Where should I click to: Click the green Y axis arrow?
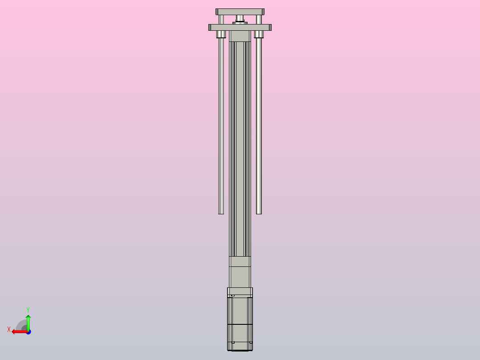pyautogui.click(x=28, y=322)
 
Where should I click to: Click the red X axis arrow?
pyautogui.click(x=19, y=331)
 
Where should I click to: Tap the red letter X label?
pyautogui.click(x=9, y=329)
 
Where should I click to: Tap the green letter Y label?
pyautogui.click(x=28, y=309)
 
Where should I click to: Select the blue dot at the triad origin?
pyautogui.click(x=28, y=332)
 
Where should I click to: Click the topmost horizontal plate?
pyautogui.click(x=240, y=12)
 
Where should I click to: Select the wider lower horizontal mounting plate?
pyautogui.click(x=240, y=27)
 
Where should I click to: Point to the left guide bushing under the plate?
pyautogui.click(x=221, y=34)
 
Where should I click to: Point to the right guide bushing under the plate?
pyautogui.click(x=259, y=34)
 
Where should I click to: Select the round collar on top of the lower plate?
pyautogui.click(x=240, y=23)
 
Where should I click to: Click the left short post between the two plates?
pyautogui.click(x=221, y=20)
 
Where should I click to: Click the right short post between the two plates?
pyautogui.click(x=259, y=20)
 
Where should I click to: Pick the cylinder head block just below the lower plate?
pyautogui.click(x=240, y=36)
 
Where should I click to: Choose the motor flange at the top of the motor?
pyautogui.click(x=240, y=292)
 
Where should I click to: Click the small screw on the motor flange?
pyautogui.click(x=233, y=295)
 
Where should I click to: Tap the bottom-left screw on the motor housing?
pyautogui.click(x=233, y=342)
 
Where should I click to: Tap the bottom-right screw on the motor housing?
pyautogui.click(x=251, y=342)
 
